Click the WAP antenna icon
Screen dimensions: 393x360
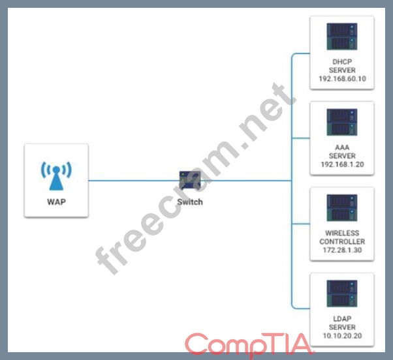point(56,175)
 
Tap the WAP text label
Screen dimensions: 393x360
point(56,202)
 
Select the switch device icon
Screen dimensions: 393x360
point(190,181)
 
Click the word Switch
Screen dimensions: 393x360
point(190,202)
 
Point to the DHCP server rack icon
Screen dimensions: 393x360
point(342,37)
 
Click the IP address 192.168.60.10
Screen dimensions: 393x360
point(342,79)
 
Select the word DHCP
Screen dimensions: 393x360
point(342,61)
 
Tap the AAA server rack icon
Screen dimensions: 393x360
point(342,122)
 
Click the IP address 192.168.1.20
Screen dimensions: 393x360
point(342,164)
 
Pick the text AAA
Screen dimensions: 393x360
point(342,147)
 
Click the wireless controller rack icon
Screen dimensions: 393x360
point(342,208)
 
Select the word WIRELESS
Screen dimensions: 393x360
point(342,233)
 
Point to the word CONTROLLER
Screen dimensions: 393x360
point(342,241)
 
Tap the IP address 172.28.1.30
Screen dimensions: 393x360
point(342,250)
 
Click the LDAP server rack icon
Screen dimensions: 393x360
point(342,293)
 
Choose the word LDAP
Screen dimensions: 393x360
point(342,319)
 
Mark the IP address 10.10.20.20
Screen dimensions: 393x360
point(342,335)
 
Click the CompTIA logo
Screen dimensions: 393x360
point(249,346)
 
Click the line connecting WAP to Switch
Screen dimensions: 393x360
point(134,181)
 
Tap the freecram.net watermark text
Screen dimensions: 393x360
point(195,178)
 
